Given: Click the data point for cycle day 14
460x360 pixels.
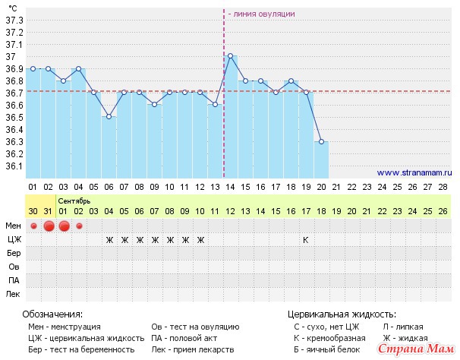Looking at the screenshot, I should pyautogui.click(x=230, y=55).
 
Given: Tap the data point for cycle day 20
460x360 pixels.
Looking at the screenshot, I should pyautogui.click(x=321, y=141).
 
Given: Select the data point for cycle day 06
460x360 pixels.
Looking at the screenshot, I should pyautogui.click(x=109, y=116).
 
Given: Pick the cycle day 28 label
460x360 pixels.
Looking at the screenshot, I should pyautogui.click(x=443, y=186).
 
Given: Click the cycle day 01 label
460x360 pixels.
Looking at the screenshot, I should pyautogui.click(x=33, y=186).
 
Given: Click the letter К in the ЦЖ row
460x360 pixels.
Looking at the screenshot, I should pyautogui.click(x=306, y=240).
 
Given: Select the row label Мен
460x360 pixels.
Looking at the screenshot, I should pyautogui.click(x=14, y=226).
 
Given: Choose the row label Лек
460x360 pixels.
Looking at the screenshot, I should pyautogui.click(x=14, y=293).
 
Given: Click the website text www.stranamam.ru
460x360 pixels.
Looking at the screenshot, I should pyautogui.click(x=412, y=172).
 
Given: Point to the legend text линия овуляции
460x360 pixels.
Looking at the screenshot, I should pyautogui.click(x=263, y=14).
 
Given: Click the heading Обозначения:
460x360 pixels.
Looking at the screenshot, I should pyautogui.click(x=52, y=314).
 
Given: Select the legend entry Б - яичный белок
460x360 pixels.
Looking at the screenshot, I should pyautogui.click(x=327, y=349).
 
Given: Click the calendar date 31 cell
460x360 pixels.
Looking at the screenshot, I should pyautogui.click(x=48, y=210).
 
